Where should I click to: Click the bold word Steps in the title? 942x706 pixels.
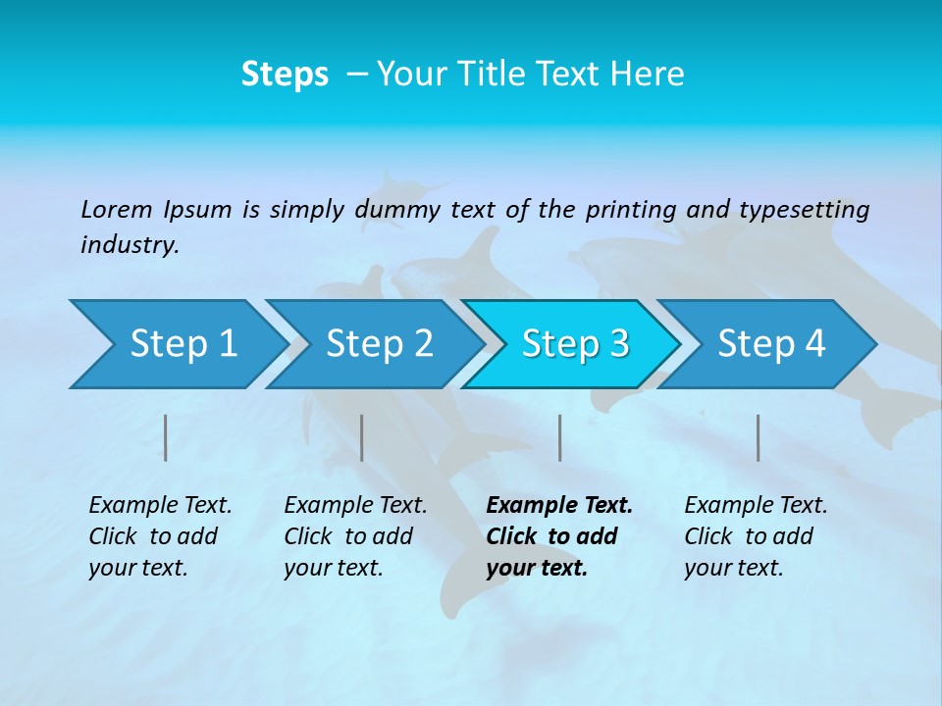(x=285, y=75)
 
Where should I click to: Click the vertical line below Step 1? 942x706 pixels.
(x=166, y=437)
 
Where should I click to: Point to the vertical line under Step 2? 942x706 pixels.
(x=362, y=437)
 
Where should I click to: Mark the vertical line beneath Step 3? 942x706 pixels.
(x=560, y=437)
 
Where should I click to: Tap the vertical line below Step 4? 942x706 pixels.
(x=759, y=437)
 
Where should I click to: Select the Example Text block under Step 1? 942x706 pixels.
(x=160, y=536)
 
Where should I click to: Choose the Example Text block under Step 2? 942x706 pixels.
(x=355, y=536)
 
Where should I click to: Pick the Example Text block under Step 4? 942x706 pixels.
(x=756, y=536)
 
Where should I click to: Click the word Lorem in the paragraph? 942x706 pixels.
(x=116, y=210)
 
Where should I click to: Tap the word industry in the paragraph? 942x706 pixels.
(x=129, y=245)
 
